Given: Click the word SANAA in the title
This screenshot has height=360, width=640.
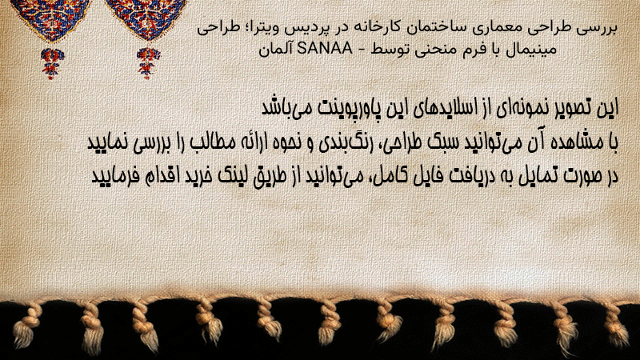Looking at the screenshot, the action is (325, 49).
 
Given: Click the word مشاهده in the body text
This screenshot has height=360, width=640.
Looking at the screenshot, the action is (578, 142).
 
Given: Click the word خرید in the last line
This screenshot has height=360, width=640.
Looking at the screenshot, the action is (223, 176).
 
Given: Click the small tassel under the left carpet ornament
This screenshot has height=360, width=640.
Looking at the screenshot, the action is (52, 63).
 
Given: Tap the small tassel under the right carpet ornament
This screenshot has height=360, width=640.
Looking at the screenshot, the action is (148, 63).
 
